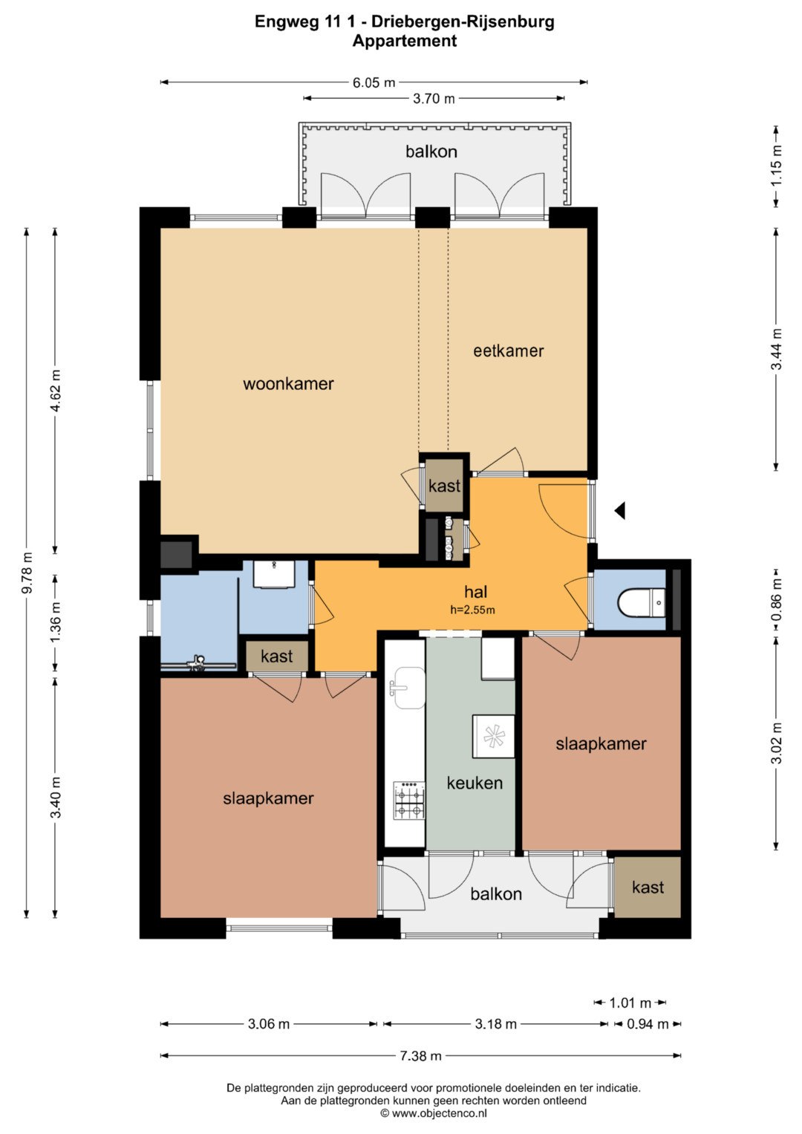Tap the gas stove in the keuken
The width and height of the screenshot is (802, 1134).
point(409,801)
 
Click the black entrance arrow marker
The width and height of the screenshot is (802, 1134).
point(620,511)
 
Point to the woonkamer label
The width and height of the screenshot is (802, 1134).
point(288,384)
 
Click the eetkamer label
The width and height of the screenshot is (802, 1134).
point(509,351)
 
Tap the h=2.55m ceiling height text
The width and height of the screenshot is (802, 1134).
point(472,610)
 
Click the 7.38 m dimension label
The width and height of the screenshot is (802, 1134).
point(420,1055)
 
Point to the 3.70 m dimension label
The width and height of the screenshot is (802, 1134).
point(434,98)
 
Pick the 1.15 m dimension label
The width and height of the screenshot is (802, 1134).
point(776,166)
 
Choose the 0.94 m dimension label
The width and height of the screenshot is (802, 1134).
point(648,1024)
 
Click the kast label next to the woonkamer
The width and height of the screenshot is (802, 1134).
point(444,486)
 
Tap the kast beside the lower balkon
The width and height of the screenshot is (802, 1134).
point(648,887)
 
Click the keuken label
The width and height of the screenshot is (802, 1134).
point(475,783)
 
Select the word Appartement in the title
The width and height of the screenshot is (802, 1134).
point(405,41)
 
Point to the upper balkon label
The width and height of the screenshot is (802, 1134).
point(431,151)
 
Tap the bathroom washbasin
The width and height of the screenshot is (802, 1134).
point(274,574)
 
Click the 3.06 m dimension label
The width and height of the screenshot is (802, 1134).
point(268,1024)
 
